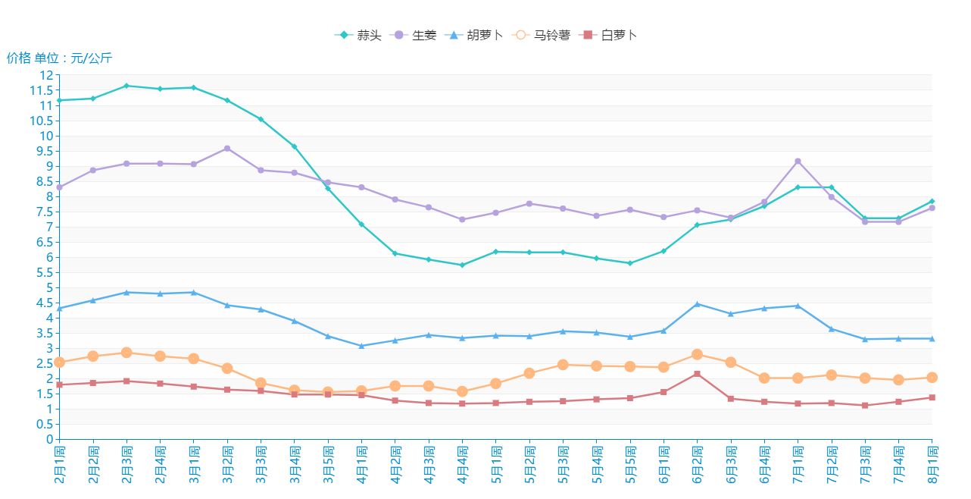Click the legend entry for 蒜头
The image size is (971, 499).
point(358,35)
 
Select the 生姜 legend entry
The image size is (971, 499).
point(413,35)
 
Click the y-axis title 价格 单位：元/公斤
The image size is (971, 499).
point(59,58)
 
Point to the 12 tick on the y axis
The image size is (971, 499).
point(46,75)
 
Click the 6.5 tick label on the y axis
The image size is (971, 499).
point(43,242)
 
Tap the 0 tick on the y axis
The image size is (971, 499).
point(50,439)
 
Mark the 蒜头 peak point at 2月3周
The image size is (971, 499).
point(126,86)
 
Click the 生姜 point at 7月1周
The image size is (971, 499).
point(798,162)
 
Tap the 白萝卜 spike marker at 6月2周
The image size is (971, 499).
point(697,374)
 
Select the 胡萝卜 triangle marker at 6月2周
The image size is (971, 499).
point(697,304)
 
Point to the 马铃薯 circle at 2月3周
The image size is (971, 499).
point(126,353)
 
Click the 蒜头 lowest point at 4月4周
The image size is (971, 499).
point(462,265)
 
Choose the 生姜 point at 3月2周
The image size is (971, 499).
point(227,149)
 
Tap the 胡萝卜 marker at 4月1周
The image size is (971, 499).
point(361,346)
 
